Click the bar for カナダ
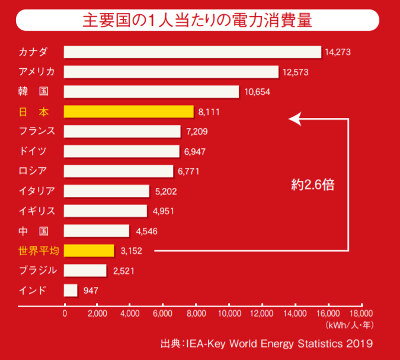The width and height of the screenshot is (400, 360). click(x=192, y=52)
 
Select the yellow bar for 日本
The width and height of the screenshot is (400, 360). click(x=129, y=111)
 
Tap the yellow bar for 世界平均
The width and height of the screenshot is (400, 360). click(x=89, y=250)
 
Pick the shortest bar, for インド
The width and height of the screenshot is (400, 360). click(x=71, y=290)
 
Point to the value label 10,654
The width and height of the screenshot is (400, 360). click(x=256, y=92)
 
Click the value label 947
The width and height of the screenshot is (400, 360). click(x=91, y=290)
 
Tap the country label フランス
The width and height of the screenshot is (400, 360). click(x=37, y=131)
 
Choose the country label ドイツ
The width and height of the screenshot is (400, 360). click(x=32, y=151)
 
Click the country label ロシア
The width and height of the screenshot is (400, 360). click(x=32, y=171)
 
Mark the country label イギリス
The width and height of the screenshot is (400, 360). click(x=37, y=211)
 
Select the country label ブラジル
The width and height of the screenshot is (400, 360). click(x=37, y=270)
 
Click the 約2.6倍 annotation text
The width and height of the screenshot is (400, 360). click(x=313, y=184)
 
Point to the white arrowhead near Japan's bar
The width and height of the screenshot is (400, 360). click(x=293, y=119)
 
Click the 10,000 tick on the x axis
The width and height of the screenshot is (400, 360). click(x=229, y=313)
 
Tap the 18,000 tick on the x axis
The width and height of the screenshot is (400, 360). click(x=361, y=313)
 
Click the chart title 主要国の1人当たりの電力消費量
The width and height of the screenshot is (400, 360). click(x=197, y=20)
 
